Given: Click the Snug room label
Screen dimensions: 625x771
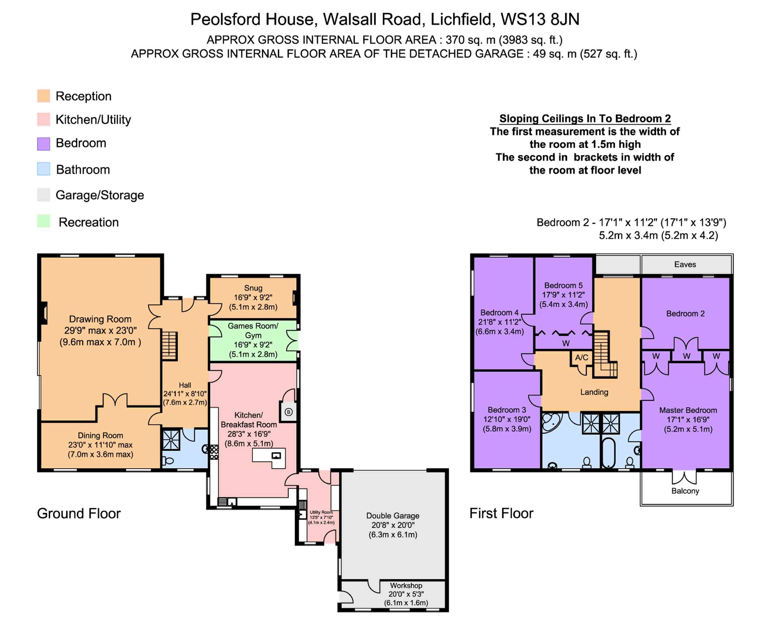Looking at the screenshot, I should [253, 288].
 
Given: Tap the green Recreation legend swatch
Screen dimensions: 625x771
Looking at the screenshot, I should [43, 221].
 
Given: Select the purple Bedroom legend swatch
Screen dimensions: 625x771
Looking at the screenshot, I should [43, 144].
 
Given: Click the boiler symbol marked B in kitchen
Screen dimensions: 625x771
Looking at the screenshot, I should [289, 412].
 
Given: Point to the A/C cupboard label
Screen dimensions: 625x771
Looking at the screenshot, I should [581, 357].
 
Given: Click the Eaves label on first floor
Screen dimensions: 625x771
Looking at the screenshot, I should [685, 265].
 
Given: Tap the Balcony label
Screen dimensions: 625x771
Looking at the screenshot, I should [685, 491].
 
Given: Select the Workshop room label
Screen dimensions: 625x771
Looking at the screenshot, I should [406, 585].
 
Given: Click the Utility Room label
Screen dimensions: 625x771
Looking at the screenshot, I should [321, 512].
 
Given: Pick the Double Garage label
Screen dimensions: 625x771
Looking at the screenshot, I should [393, 516].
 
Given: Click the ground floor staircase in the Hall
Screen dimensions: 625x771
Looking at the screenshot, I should [169, 346].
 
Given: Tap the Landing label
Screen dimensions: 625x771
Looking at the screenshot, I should [594, 392].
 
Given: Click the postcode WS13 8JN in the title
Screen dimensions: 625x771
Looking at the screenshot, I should [540, 19].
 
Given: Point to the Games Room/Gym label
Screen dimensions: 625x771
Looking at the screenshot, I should [253, 330].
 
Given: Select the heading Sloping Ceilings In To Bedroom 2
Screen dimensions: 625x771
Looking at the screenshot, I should [584, 118].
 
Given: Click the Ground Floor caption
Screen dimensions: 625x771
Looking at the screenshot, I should [79, 513].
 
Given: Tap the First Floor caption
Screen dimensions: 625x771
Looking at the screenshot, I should [501, 513].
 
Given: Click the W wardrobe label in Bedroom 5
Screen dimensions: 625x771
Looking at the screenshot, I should [566, 343].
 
